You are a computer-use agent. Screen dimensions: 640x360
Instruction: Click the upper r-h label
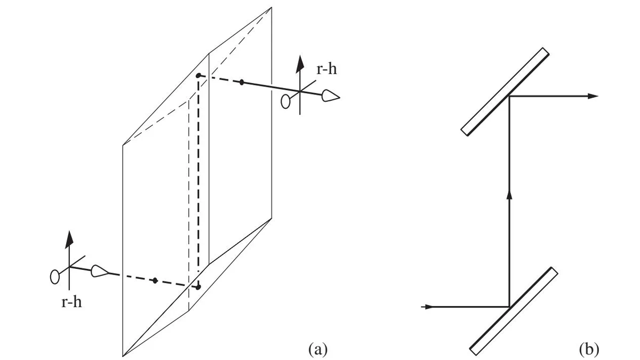click(326, 69)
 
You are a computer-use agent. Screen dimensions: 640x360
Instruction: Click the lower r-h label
click(71, 302)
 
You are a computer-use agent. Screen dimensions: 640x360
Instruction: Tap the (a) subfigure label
click(318, 349)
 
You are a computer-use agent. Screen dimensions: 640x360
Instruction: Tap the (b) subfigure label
click(589, 349)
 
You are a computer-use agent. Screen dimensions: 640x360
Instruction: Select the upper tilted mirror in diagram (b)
click(505, 92)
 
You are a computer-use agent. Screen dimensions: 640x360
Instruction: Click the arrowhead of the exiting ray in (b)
click(593, 97)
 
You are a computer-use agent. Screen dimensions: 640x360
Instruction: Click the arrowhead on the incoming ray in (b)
click(427, 307)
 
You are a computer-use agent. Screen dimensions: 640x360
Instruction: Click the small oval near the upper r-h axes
click(285, 102)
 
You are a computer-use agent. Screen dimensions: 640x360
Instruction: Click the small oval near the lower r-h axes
click(54, 277)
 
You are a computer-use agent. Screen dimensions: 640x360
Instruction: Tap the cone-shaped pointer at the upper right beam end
click(331, 95)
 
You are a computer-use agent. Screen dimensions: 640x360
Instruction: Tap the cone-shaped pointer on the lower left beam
click(100, 271)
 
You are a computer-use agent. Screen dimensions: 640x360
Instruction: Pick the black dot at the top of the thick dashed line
click(198, 76)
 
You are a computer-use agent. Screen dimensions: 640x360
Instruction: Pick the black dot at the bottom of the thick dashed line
click(198, 287)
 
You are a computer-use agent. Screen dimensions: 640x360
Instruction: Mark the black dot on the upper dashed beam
click(242, 82)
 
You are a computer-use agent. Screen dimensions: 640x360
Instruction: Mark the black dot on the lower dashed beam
click(155, 281)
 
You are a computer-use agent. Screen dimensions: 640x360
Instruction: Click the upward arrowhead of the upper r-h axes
click(299, 64)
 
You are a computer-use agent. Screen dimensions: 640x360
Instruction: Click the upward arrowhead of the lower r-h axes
click(69, 239)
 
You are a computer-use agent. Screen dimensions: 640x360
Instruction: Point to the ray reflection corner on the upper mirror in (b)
click(509, 97)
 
